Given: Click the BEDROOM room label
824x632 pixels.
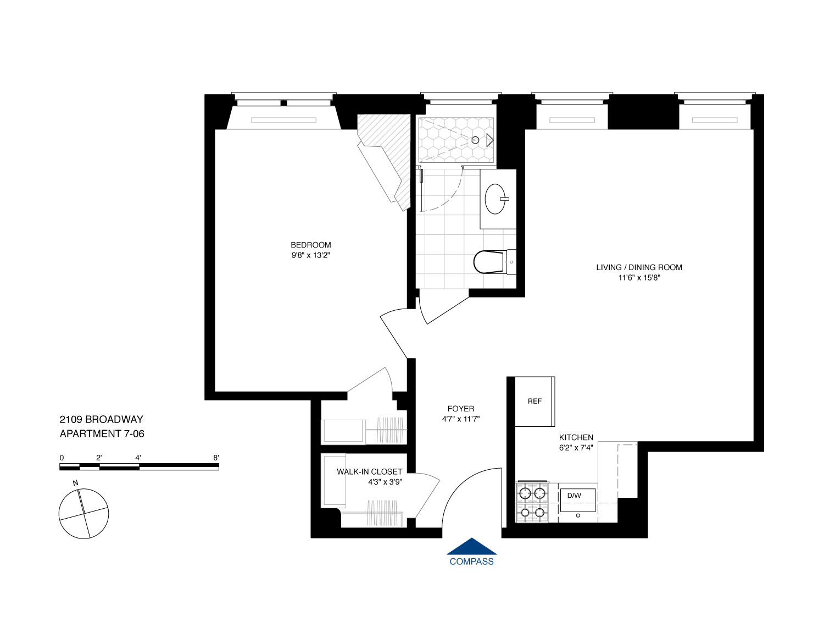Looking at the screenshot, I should pyautogui.click(x=310, y=245).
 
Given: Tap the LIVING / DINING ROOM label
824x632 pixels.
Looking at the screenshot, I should pyautogui.click(x=639, y=267).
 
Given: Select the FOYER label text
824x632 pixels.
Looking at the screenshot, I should pyautogui.click(x=460, y=409).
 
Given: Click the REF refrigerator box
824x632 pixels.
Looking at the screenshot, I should pyautogui.click(x=535, y=402).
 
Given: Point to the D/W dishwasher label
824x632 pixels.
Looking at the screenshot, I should pyautogui.click(x=574, y=496).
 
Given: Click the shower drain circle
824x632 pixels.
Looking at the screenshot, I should pyautogui.click(x=475, y=140).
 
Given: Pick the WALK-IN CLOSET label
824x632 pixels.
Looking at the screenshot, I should pyautogui.click(x=369, y=472).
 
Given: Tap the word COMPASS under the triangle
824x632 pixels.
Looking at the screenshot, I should pyautogui.click(x=471, y=562).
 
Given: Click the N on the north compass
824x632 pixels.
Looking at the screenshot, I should pyautogui.click(x=74, y=483).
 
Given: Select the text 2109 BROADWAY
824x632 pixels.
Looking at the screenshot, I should pyautogui.click(x=101, y=420).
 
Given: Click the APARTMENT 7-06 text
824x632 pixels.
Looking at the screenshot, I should pyautogui.click(x=102, y=433).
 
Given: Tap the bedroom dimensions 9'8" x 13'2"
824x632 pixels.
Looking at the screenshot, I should pyautogui.click(x=310, y=255).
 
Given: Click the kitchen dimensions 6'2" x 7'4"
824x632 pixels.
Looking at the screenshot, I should pyautogui.click(x=576, y=447).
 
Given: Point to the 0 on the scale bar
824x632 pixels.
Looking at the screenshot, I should pyautogui.click(x=62, y=458).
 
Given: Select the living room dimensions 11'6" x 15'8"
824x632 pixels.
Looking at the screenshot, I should pyautogui.click(x=639, y=278).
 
